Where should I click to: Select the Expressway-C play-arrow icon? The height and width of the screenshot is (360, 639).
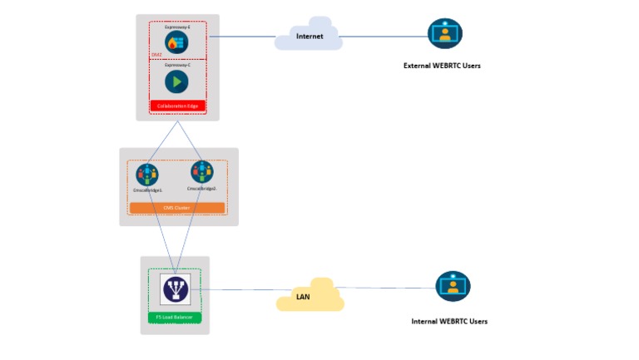click(x=176, y=81)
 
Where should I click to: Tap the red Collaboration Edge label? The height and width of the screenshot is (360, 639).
click(x=176, y=106)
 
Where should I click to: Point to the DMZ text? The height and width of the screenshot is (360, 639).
click(x=156, y=54)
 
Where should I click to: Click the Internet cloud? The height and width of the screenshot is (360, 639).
click(x=309, y=37)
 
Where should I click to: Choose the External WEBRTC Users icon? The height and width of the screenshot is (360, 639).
click(x=444, y=34)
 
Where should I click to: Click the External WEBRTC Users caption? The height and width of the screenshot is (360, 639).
click(x=442, y=66)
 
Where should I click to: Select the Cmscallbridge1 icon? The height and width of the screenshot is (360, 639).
click(x=147, y=175)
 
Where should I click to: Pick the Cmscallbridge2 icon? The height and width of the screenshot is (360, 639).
click(x=201, y=172)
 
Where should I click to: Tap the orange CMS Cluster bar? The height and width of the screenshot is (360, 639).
click(x=177, y=207)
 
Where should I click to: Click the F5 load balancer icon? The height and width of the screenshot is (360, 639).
click(x=175, y=289)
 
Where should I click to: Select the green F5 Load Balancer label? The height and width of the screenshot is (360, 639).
click(x=175, y=317)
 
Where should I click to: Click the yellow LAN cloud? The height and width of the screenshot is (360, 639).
click(x=310, y=296)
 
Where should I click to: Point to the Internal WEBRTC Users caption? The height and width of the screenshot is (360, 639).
click(x=449, y=321)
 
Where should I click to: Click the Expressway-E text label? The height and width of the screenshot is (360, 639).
click(x=177, y=27)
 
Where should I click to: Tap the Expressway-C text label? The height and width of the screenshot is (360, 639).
click(x=177, y=65)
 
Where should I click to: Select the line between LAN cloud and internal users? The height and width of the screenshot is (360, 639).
click(x=387, y=288)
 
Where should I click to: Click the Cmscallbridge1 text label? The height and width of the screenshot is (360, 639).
click(x=147, y=190)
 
